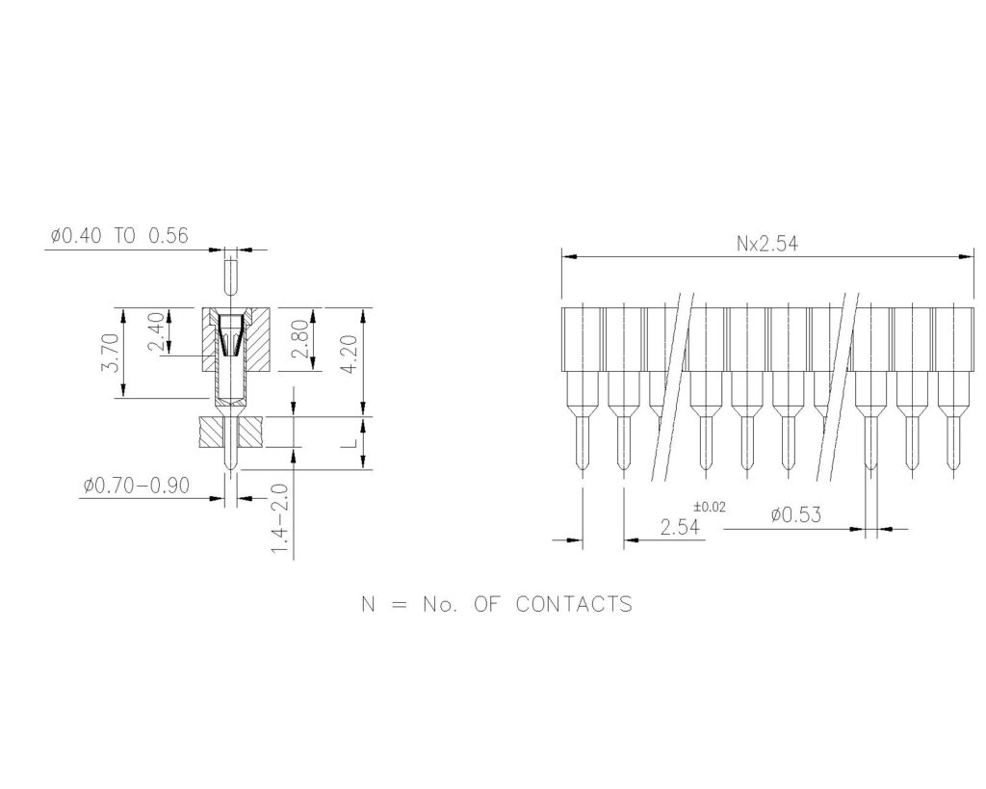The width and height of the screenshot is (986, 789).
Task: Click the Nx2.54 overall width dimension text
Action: (x=766, y=245)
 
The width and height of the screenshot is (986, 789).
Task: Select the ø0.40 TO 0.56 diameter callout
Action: (x=120, y=234)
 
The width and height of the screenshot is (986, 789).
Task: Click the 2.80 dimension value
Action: (x=299, y=339)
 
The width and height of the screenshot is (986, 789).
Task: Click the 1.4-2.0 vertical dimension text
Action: (x=279, y=518)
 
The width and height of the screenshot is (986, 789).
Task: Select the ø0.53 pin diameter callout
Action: (x=795, y=515)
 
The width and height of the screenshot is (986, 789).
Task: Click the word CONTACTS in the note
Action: (x=574, y=605)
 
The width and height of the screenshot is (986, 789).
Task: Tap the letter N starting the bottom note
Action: (x=367, y=605)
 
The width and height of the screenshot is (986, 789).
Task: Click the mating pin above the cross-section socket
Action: (x=230, y=274)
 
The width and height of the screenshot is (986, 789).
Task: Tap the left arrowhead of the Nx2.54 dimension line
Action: (x=569, y=257)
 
